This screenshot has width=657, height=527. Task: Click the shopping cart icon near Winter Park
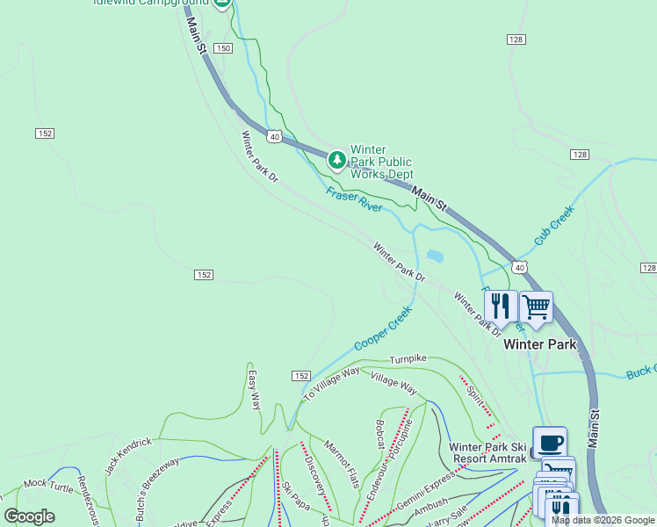pos(536,308)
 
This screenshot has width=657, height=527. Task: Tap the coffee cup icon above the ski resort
pos(549,442)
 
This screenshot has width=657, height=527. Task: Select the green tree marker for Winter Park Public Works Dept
pos(336,160)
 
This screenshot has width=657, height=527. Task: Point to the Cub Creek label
pos(553,226)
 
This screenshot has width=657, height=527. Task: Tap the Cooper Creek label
pos(383,328)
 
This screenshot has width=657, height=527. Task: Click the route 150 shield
pos(222,47)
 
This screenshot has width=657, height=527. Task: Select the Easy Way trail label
pos(254,389)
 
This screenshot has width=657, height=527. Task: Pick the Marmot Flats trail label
pos(343,465)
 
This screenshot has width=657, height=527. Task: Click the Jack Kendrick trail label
pos(128,456)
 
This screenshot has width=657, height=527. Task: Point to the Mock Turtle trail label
pos(47,483)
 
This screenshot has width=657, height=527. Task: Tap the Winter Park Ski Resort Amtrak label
pos(487,452)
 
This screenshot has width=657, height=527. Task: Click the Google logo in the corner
pos(29,516)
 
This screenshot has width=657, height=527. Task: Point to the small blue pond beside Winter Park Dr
pos(434,257)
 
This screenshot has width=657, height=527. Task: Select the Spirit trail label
pos(475,392)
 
